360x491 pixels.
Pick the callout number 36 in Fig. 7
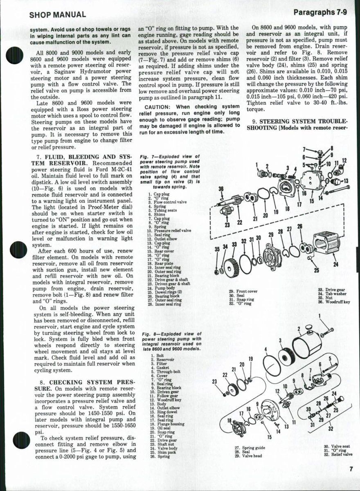[221, 189]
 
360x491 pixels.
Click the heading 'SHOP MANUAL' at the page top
[58, 15]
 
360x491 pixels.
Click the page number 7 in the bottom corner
[351, 470]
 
